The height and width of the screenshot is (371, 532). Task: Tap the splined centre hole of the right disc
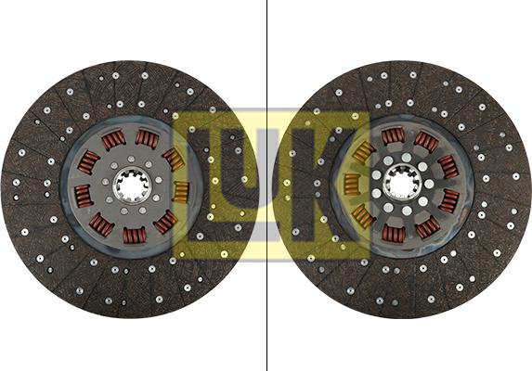[x=400, y=183]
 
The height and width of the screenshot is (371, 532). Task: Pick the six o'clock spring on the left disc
[x=136, y=235]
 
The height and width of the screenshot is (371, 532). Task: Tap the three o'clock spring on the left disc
[x=180, y=192]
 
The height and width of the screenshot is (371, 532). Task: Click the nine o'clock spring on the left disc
[x=83, y=195]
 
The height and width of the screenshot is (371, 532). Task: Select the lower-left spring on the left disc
[x=101, y=224]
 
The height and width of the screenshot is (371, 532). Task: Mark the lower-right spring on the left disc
[x=165, y=223]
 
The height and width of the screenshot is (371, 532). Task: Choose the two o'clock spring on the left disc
[x=173, y=159]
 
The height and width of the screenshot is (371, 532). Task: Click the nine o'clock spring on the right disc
[x=352, y=184]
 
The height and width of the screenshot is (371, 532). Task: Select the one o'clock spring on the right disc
[x=426, y=142]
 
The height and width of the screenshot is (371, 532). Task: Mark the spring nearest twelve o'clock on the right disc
[x=393, y=136]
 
